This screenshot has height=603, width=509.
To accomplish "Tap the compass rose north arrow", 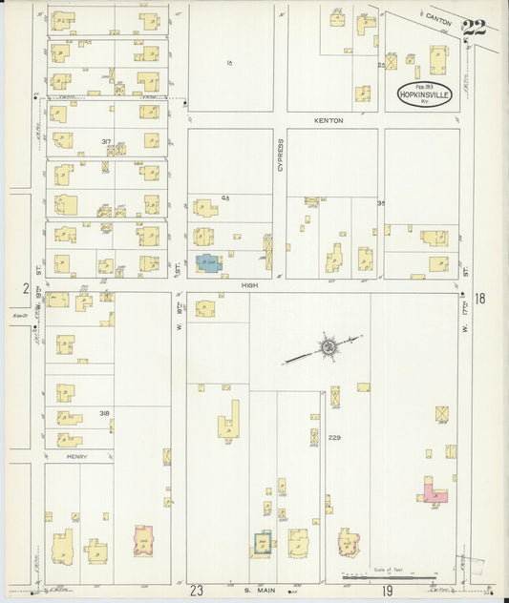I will point(328,347).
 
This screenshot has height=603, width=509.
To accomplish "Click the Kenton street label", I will point(328,121).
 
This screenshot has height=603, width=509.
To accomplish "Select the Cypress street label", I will point(281,156).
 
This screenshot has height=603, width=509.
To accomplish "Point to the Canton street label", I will point(439,18).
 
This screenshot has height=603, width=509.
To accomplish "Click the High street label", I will point(250,284).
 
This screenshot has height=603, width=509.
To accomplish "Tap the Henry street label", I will point(78,457).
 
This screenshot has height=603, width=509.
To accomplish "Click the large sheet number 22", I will point(475,28).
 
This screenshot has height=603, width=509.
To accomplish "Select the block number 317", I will point(106,141).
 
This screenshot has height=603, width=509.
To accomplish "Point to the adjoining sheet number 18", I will point(479,299).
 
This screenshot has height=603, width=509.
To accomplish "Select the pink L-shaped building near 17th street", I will point(434,492).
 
